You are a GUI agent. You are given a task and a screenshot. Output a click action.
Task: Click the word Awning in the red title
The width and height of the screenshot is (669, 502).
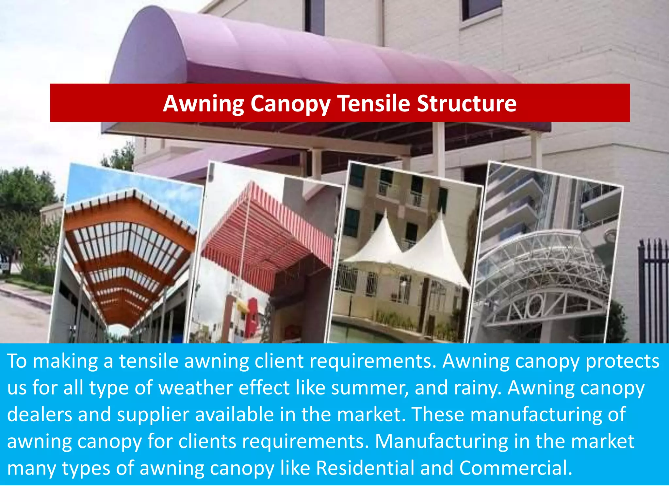coord(203,104)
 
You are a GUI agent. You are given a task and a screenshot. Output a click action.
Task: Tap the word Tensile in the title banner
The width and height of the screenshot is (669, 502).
coord(373,103)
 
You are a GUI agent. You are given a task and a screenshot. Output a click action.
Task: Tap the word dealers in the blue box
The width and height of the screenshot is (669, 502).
coord(40,414)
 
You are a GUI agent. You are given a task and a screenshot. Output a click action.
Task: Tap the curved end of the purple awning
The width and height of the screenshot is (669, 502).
coord(150,49)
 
